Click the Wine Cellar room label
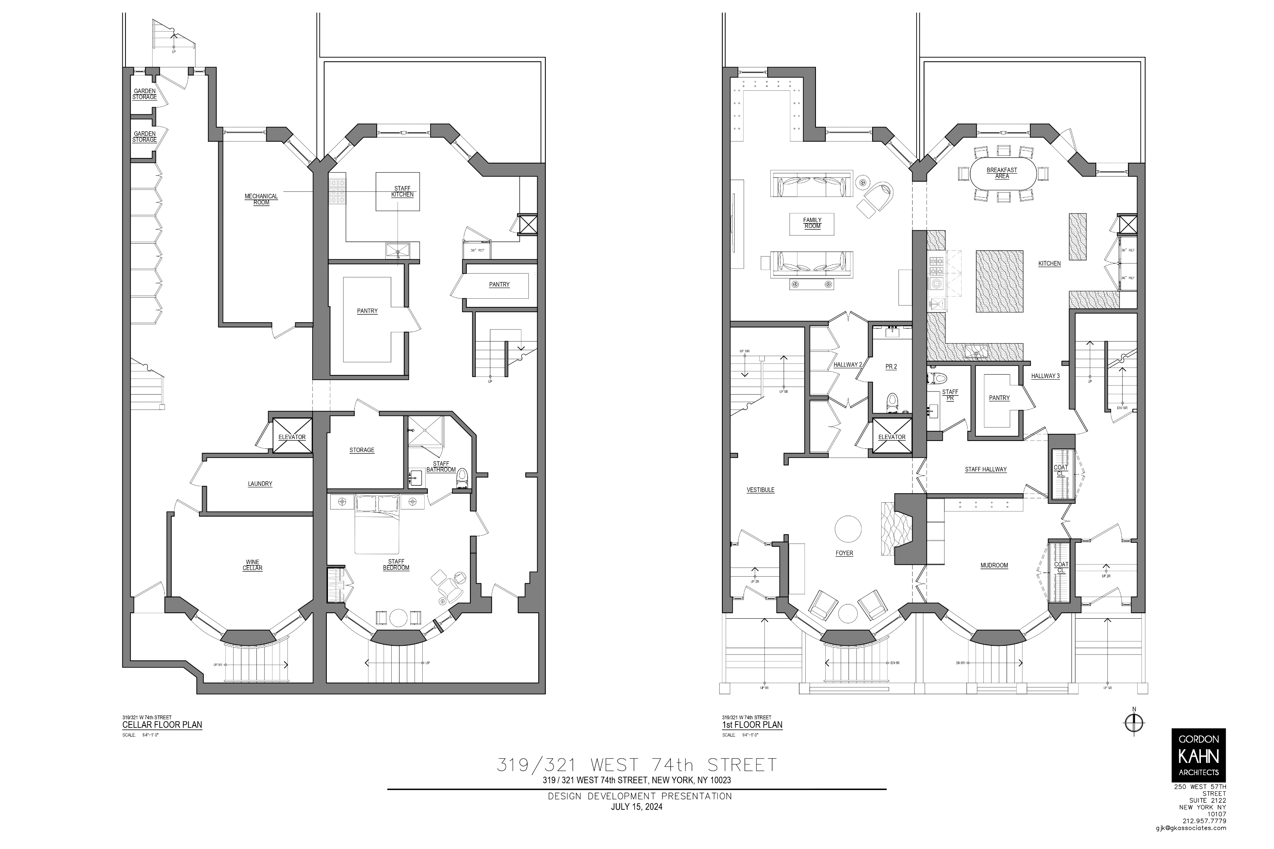252,565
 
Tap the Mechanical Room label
261,199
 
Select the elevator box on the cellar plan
292,436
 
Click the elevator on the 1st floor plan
891,436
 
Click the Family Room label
812,223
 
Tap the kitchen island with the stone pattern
1000,281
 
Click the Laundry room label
260,483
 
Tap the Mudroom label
994,565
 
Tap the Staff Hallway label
985,469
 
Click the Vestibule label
760,489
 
